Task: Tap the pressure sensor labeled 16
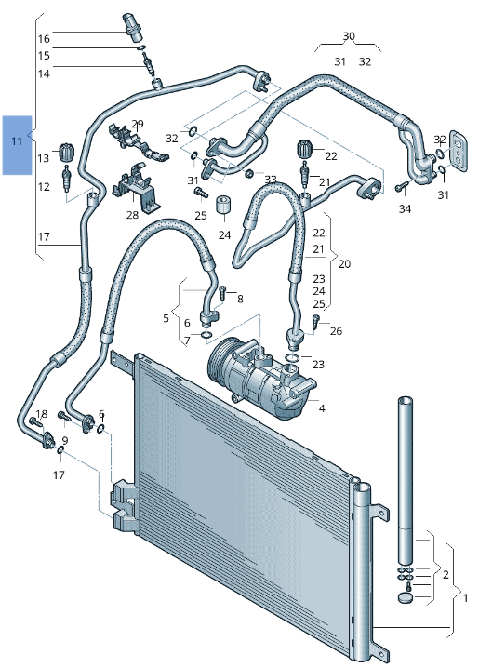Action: tap(130, 24)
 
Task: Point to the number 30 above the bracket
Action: tap(349, 36)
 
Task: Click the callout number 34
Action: tap(405, 208)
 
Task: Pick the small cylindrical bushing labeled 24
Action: tap(223, 206)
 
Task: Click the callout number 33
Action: tap(270, 180)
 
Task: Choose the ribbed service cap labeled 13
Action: tap(66, 152)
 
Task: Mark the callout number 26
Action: tap(336, 331)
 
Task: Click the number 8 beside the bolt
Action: tap(240, 299)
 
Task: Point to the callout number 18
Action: tap(41, 414)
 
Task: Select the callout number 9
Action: tap(65, 440)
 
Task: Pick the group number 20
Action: tap(344, 264)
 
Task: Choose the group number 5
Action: tap(166, 318)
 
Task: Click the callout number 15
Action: tap(44, 56)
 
